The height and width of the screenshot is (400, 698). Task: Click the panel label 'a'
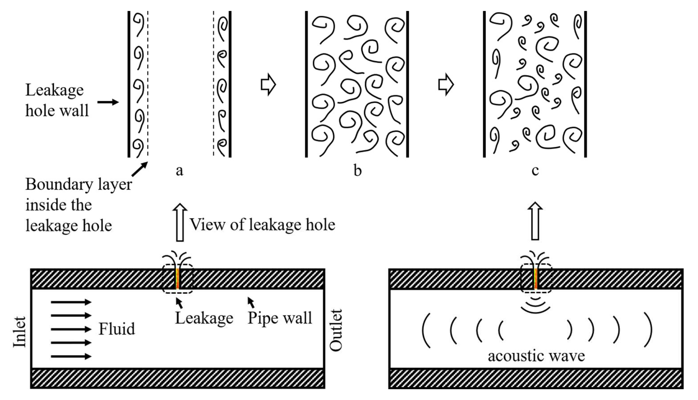coord(179,171)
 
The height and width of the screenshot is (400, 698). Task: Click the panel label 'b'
coord(357,171)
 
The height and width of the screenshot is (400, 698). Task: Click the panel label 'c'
coord(535,171)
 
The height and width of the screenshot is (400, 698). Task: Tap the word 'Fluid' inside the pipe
coord(117,329)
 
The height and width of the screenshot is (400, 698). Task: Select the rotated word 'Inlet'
coord(20,332)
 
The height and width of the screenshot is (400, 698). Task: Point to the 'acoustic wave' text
coord(536,356)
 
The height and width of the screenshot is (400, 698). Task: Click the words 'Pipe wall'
coord(280,318)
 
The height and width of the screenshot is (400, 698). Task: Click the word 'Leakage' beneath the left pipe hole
coord(204,318)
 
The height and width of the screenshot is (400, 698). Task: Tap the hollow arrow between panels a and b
coord(268,85)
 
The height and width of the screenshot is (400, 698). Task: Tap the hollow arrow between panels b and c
coord(446,85)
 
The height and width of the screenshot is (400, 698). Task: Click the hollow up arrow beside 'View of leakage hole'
coord(180,223)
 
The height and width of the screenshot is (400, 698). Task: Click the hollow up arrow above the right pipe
coord(535,221)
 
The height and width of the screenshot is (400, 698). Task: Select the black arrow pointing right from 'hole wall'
coord(108,102)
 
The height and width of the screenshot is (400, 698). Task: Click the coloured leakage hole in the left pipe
coord(178,279)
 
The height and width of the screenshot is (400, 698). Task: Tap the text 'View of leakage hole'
coord(262,225)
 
